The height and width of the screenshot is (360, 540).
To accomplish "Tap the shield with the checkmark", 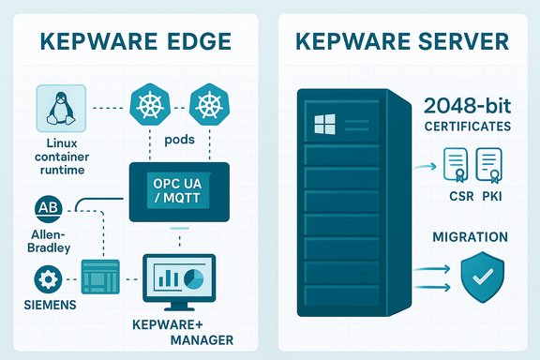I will (x=484, y=273).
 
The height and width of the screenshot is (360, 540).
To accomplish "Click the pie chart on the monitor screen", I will (x=194, y=280).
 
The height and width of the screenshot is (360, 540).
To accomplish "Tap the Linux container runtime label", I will (x=60, y=155).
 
